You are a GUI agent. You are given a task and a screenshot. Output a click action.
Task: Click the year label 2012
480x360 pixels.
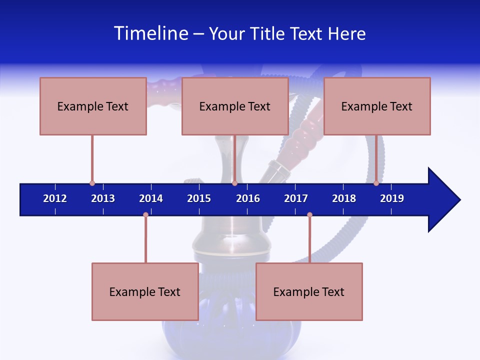pos(55,198)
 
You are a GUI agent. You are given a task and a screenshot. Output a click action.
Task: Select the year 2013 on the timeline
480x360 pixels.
pos(103,198)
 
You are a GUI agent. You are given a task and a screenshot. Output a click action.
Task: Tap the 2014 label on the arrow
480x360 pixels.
pos(151,198)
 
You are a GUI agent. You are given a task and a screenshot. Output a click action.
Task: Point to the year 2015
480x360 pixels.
pos(199,198)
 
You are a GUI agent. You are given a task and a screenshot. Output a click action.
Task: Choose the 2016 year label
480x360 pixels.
pos(248,198)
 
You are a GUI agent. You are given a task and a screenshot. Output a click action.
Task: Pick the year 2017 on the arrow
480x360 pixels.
pos(296,198)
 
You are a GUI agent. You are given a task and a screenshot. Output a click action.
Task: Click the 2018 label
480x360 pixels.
pos(344,198)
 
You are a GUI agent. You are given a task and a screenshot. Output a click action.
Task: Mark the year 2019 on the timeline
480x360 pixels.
pos(392,198)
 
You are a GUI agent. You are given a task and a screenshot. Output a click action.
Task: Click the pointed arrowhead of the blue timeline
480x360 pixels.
pos(445,200)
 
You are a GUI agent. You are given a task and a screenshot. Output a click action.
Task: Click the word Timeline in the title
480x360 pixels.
pos(150,33)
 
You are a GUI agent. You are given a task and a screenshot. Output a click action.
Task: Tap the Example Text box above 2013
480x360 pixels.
pos(93,106)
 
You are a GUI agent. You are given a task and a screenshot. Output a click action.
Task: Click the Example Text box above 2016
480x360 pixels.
pos(235,106)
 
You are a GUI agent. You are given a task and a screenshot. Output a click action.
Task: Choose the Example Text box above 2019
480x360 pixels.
pos(377,106)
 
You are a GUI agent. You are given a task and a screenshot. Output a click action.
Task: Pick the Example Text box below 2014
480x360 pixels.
pos(145,291)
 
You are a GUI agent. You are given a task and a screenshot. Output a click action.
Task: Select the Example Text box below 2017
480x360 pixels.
pos(309,291)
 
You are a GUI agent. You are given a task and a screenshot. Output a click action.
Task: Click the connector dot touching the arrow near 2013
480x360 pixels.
pos(92,183)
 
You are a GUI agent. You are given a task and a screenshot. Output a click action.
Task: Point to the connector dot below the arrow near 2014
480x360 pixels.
pos(145,215)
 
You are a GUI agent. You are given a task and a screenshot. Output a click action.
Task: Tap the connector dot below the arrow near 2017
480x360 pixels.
pos(309,215)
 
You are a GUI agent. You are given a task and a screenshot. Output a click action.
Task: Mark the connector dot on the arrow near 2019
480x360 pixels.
pos(376,183)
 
